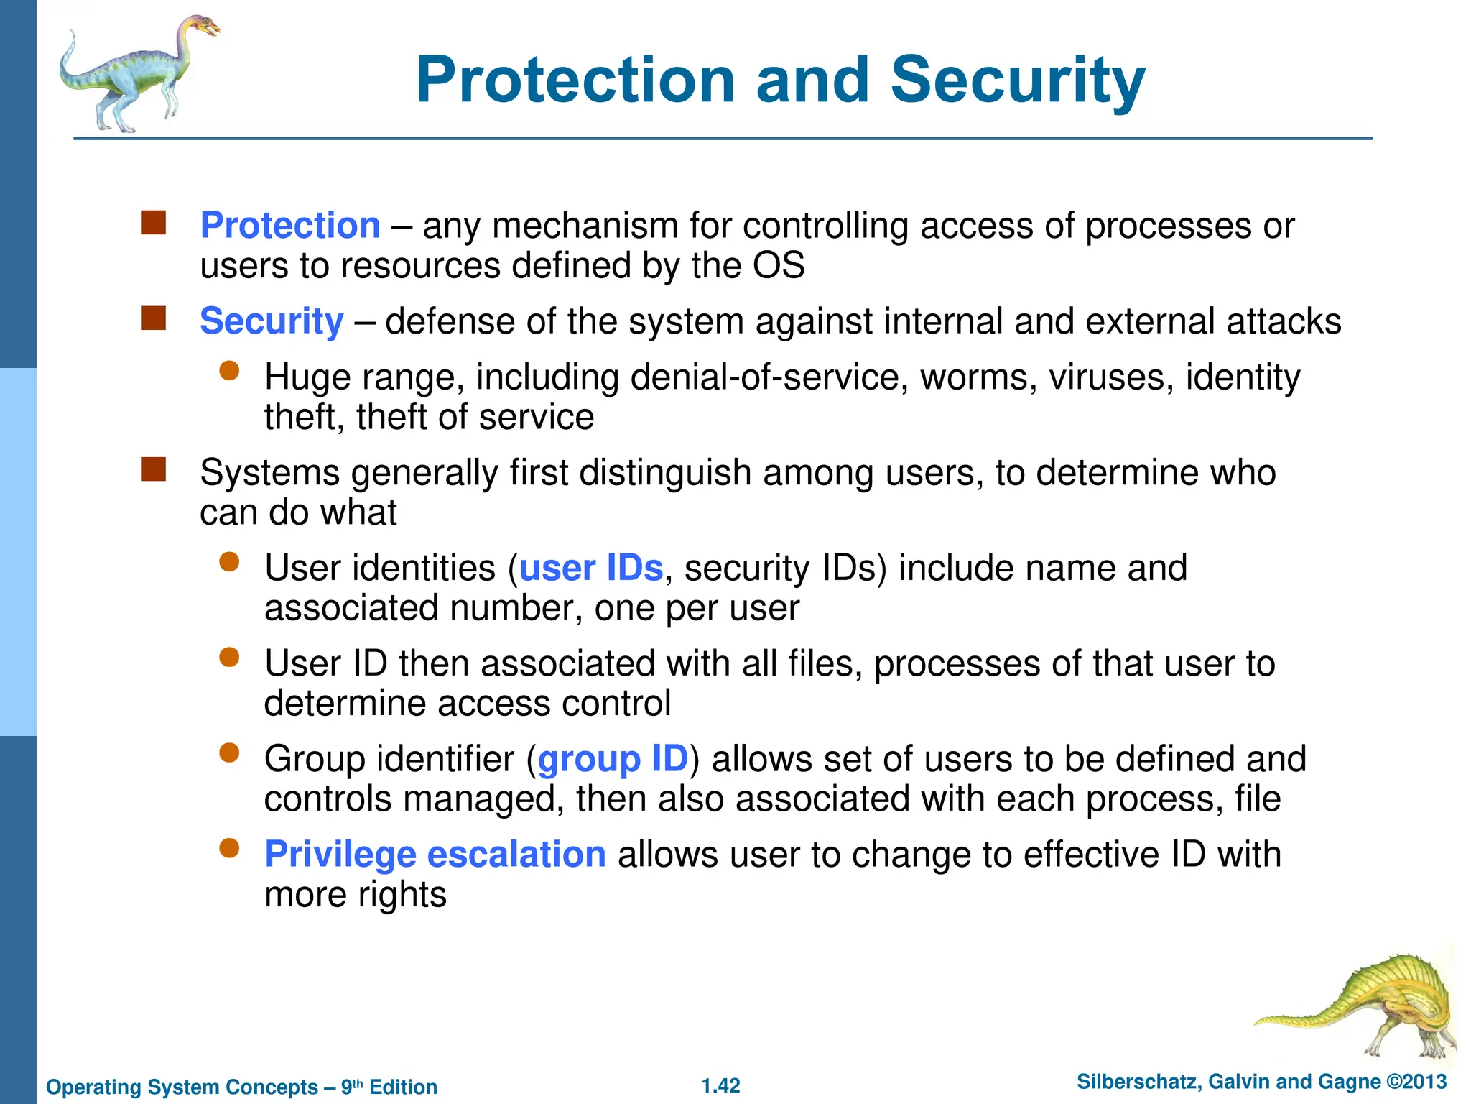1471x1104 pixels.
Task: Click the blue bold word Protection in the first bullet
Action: (x=290, y=226)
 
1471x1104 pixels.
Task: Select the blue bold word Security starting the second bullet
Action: (x=272, y=321)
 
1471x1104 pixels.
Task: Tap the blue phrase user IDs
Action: (x=590, y=568)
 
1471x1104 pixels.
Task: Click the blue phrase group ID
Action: (x=613, y=759)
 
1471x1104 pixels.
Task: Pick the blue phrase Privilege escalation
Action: (x=435, y=855)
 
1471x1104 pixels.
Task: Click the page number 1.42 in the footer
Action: (x=720, y=1085)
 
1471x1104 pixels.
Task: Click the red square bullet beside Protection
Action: (x=154, y=224)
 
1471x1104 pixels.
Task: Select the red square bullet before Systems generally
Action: (x=154, y=470)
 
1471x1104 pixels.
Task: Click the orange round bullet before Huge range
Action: (x=229, y=371)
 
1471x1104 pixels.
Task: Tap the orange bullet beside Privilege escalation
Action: (x=229, y=849)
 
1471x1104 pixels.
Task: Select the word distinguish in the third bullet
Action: (x=664, y=473)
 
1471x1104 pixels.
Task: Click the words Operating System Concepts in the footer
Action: (x=182, y=1087)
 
